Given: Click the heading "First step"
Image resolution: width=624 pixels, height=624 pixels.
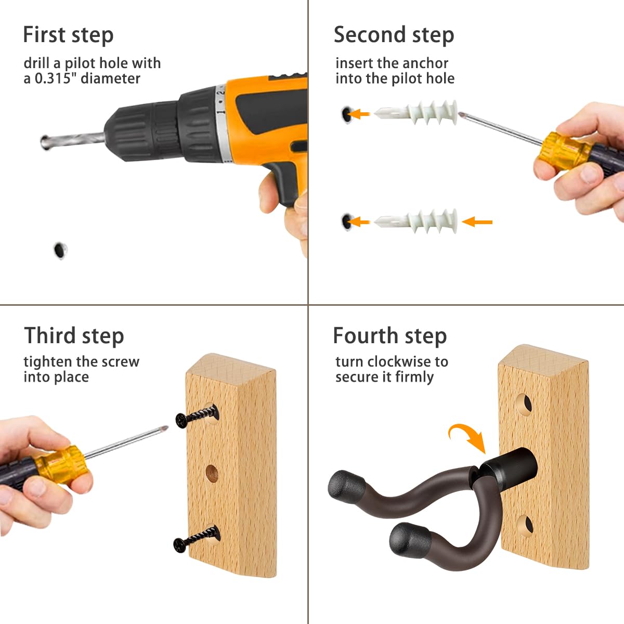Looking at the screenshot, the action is pyautogui.click(x=68, y=35).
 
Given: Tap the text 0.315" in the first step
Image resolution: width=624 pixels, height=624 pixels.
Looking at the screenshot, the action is pyautogui.click(x=53, y=79).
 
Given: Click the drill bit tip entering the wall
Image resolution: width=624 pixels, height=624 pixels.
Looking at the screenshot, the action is pyautogui.click(x=44, y=142).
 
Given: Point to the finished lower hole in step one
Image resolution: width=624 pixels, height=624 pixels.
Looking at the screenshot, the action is pyautogui.click(x=60, y=250).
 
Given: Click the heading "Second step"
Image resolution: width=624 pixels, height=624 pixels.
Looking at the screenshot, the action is pyautogui.click(x=394, y=35).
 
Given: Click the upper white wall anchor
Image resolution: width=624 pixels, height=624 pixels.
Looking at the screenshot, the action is pyautogui.click(x=416, y=113).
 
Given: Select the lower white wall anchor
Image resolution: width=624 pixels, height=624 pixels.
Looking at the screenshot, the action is pyautogui.click(x=416, y=222).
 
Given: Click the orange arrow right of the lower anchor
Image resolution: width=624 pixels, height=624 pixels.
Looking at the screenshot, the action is pyautogui.click(x=477, y=222).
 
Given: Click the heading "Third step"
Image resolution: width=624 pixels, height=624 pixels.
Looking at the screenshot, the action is pyautogui.click(x=74, y=335).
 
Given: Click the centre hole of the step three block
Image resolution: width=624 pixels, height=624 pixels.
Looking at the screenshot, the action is pyautogui.click(x=212, y=473).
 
